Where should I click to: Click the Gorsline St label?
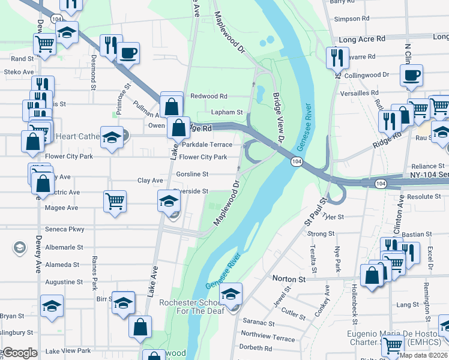click(x=193, y=174)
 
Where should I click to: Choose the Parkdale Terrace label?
click(x=207, y=145)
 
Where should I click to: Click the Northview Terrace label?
click(x=268, y=338)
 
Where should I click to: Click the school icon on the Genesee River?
click(x=230, y=293)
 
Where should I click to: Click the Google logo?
click(x=20, y=353)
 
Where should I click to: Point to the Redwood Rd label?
click(x=209, y=96)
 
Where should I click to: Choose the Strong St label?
click(x=321, y=234)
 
